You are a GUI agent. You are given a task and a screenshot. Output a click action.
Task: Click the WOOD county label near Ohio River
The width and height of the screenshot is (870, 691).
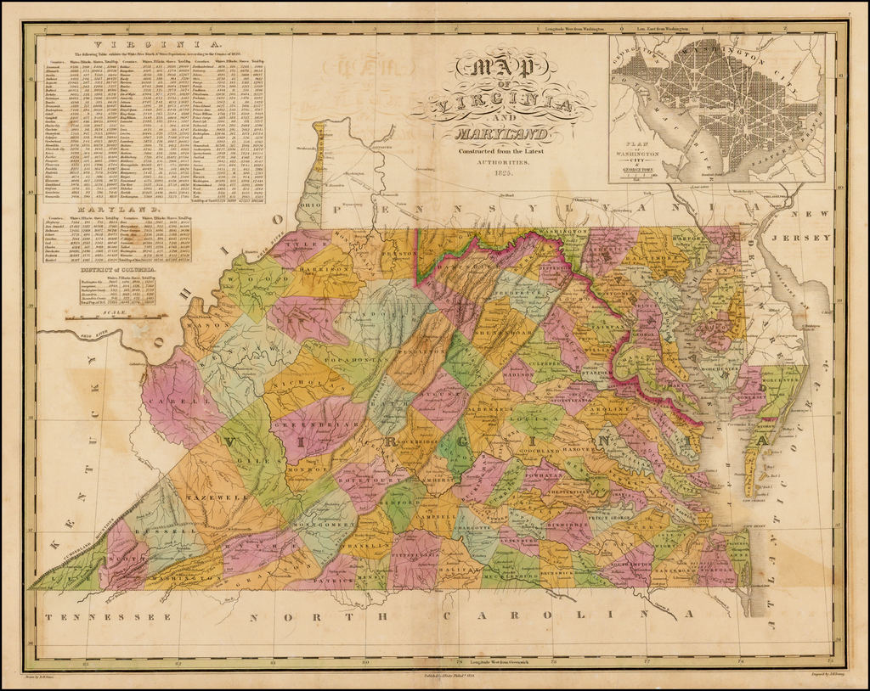(x=254, y=278)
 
